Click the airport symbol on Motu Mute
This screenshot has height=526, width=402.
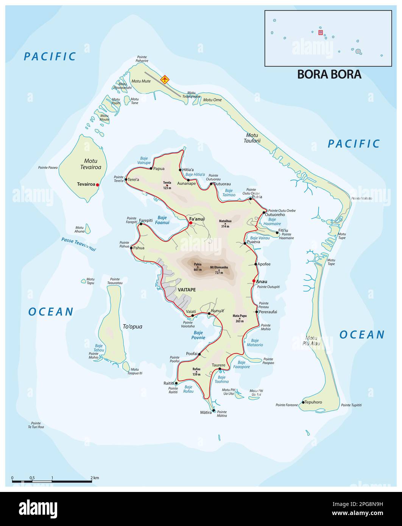(165, 79)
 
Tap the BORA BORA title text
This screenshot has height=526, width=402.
(329, 74)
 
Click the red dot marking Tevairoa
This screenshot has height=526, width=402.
(97, 185)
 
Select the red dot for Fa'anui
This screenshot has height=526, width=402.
(190, 223)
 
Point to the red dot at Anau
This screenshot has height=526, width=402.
(254, 281)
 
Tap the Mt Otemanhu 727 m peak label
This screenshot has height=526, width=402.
(219, 269)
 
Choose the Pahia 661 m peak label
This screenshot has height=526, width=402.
(198, 267)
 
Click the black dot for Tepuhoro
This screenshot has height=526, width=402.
(303, 402)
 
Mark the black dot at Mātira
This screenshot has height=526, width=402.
(214, 410)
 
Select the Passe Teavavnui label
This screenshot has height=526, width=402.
(79, 244)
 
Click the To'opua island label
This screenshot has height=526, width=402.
(132, 326)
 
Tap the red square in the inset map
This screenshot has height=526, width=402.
(321, 33)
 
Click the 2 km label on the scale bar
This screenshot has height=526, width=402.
(95, 478)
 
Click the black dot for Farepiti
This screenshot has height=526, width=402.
(141, 224)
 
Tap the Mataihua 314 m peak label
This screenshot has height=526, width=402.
(225, 223)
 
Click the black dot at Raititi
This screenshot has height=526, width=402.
(176, 383)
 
